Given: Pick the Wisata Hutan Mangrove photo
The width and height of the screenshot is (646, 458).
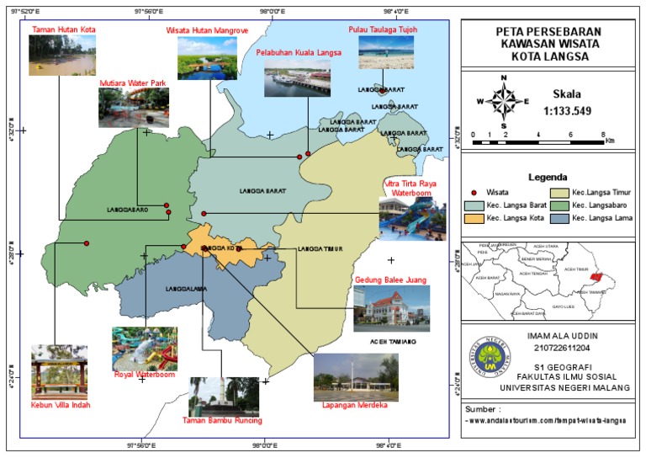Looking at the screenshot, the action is [206, 58].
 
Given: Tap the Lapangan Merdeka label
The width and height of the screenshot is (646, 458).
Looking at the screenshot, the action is [349, 405].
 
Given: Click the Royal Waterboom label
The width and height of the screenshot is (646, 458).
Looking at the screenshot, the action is [144, 375].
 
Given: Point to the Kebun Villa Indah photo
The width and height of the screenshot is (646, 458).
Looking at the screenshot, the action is [59, 371].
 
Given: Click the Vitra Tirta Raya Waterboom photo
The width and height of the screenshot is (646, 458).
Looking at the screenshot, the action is [412, 220].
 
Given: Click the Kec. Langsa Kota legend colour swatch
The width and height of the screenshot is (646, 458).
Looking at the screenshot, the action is [474, 219].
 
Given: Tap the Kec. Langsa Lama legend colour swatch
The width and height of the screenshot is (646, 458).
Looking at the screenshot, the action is [561, 219].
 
